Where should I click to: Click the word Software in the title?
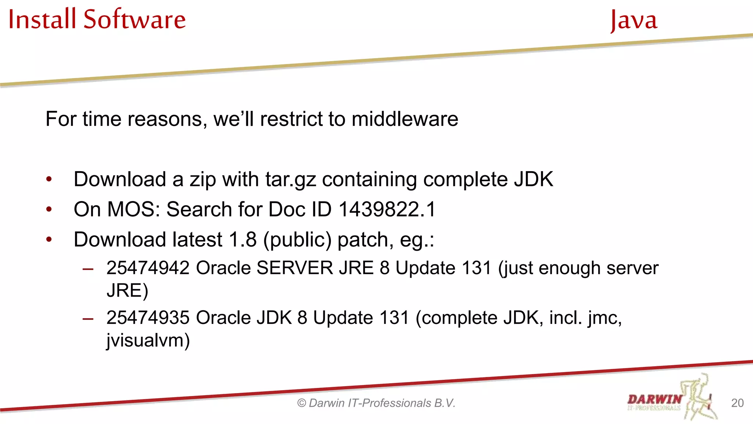[135, 19]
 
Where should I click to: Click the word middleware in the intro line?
[404, 119]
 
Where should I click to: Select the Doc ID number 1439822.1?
[387, 209]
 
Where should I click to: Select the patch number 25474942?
[148, 268]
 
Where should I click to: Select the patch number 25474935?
[148, 318]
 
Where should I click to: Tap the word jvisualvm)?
[148, 340]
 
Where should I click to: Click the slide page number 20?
[737, 403]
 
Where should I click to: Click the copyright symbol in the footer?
[301, 403]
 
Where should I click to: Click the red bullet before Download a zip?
[49, 180]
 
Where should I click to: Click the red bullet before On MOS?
[49, 209]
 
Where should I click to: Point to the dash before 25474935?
[88, 318]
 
